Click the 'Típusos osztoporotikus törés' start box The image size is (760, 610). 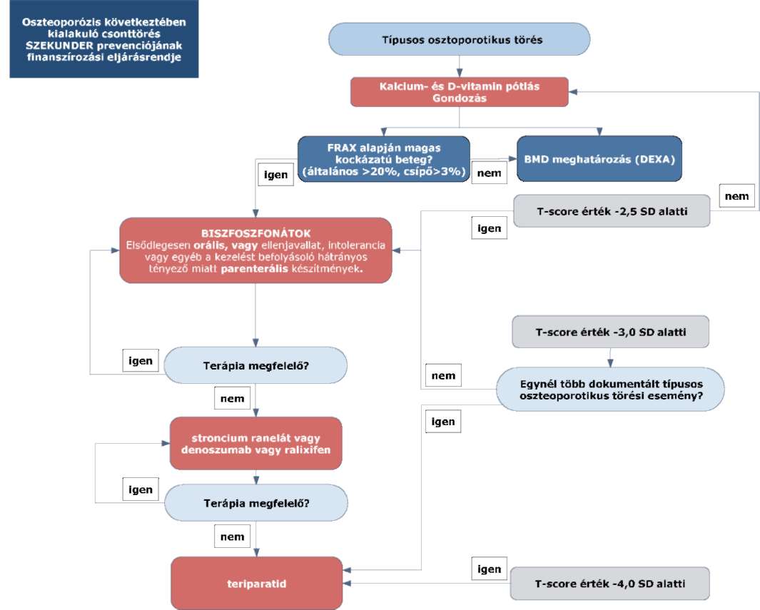(x=459, y=39)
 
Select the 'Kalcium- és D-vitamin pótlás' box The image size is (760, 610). (x=459, y=92)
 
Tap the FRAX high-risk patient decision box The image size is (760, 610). (x=383, y=159)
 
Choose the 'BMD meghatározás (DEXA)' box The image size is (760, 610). (x=599, y=159)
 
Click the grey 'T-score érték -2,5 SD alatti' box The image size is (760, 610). (x=612, y=211)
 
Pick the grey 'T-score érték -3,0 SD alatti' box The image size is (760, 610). (x=611, y=332)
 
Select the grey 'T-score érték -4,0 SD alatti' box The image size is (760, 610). (x=609, y=584)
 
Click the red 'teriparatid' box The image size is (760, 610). (x=256, y=584)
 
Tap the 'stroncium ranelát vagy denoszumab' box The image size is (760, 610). (x=256, y=443)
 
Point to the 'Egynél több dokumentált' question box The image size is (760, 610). (x=611, y=390)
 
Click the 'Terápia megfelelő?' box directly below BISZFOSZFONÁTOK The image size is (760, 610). (x=255, y=365)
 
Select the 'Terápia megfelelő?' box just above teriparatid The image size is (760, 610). (x=256, y=503)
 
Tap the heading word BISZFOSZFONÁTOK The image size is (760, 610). (x=256, y=233)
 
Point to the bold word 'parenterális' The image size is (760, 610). (x=255, y=269)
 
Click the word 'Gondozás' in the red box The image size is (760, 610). (x=460, y=98)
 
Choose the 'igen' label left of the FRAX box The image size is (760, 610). (x=275, y=174)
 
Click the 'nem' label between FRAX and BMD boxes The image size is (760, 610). (x=489, y=173)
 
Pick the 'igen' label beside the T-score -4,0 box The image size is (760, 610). (x=489, y=569)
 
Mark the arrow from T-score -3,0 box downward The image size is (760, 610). (x=610, y=357)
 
